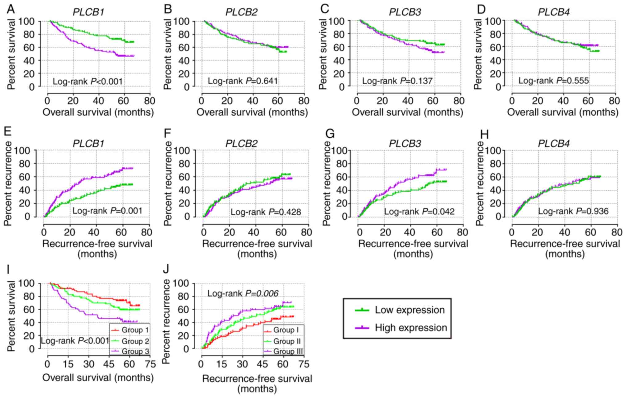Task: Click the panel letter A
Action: coord(11,9)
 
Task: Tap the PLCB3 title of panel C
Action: coord(405,12)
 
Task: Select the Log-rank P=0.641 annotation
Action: coord(243,81)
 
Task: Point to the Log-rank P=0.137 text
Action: coord(397,81)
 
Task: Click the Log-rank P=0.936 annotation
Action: coord(573,211)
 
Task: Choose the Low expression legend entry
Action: coord(409,310)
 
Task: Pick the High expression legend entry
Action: coord(411,328)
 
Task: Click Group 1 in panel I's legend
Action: coord(135,330)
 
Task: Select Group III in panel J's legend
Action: coord(288,352)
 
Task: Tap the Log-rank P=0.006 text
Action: coord(243,294)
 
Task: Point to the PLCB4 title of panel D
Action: coord(554,12)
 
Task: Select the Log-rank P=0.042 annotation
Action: coord(419,211)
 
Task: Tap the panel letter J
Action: coord(166,269)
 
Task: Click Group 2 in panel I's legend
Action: coord(135,341)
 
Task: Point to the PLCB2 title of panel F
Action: coord(242,144)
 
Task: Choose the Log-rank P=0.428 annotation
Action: coord(266,212)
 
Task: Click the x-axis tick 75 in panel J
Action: coord(304,364)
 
